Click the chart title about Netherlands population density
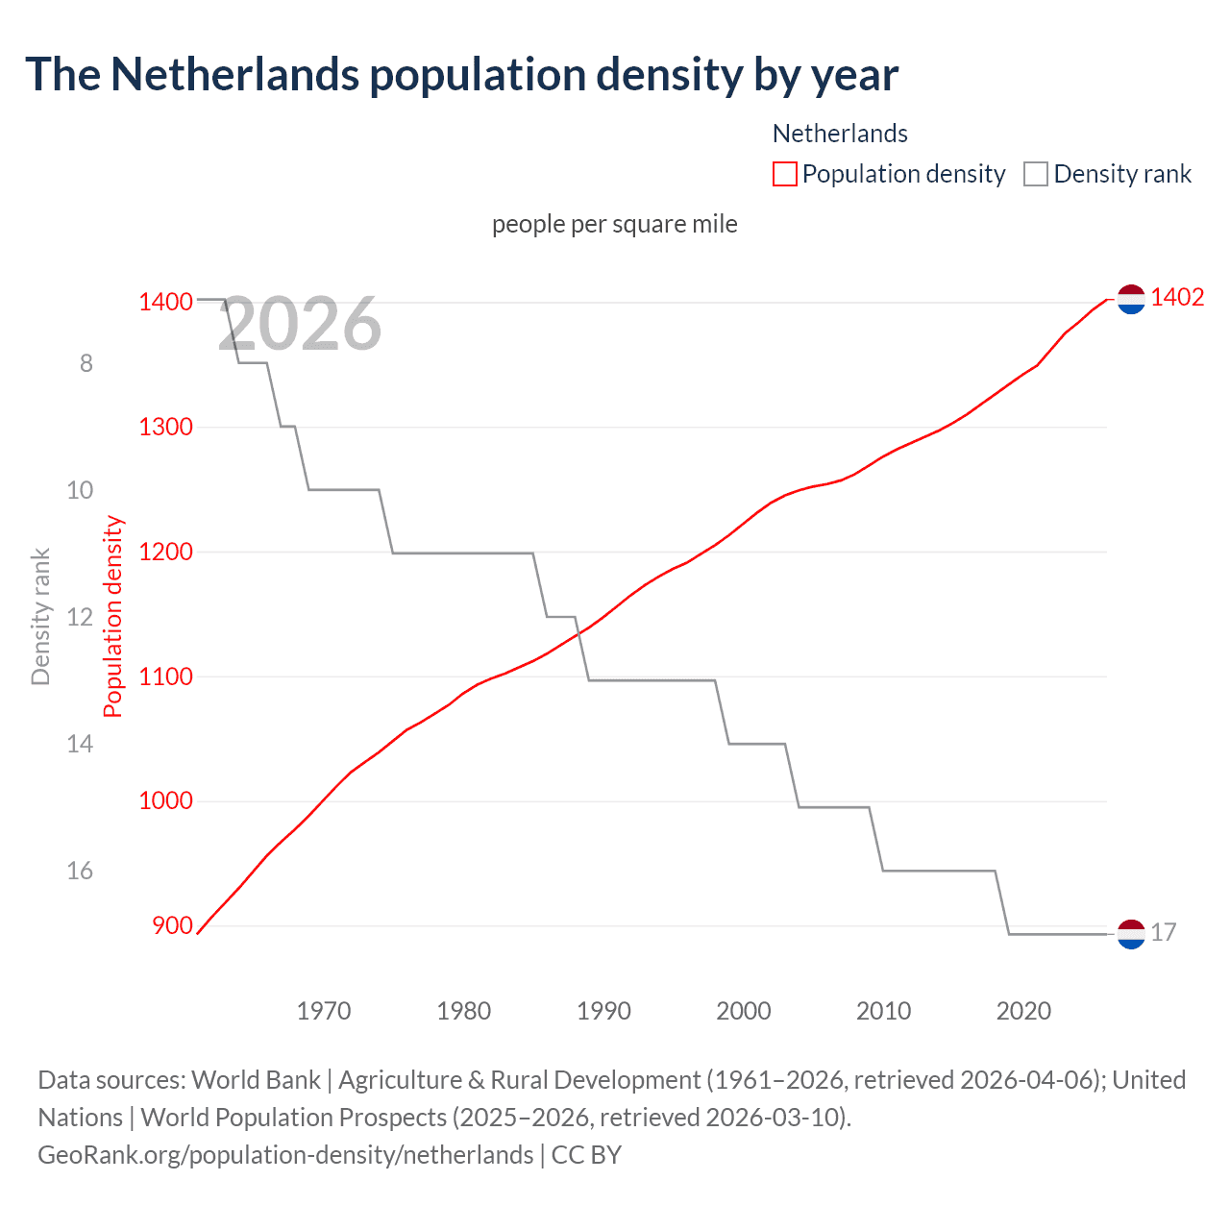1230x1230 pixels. coord(461,75)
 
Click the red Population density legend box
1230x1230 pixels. coord(785,174)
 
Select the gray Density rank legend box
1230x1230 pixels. coord(1035,174)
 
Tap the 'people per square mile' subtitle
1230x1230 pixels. coord(615,224)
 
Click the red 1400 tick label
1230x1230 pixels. coord(165,302)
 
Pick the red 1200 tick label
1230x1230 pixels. coord(165,552)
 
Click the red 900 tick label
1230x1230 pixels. coord(172,925)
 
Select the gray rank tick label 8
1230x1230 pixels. coord(86,363)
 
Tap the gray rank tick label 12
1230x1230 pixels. coord(80,617)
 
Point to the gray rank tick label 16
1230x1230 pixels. coord(80,871)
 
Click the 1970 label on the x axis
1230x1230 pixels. coord(324,1011)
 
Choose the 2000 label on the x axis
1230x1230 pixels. coord(744,1011)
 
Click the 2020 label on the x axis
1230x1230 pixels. coord(1023,1011)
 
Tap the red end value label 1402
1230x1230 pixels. coord(1177,297)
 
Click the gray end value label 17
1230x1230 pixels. coord(1163,932)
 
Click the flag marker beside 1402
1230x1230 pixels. coord(1131,300)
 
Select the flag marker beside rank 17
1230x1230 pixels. coord(1131,934)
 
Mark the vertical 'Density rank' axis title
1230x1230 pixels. coord(40,617)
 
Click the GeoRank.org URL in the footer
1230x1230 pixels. coord(285,1154)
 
